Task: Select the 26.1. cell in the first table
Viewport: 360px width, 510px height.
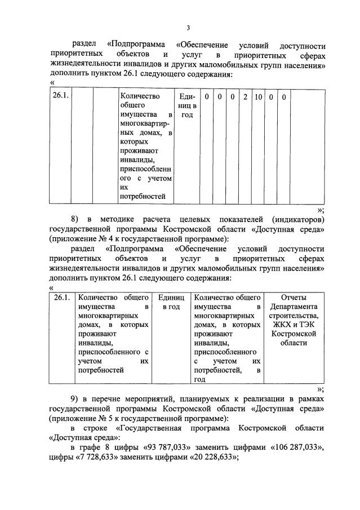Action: click(x=60, y=97)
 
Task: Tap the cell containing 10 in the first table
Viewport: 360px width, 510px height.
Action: click(x=258, y=97)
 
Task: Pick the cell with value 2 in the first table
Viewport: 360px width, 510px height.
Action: click(x=245, y=97)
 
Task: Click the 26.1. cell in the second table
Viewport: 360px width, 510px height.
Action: click(x=62, y=296)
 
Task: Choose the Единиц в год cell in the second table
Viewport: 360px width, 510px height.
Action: click(x=171, y=301)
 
